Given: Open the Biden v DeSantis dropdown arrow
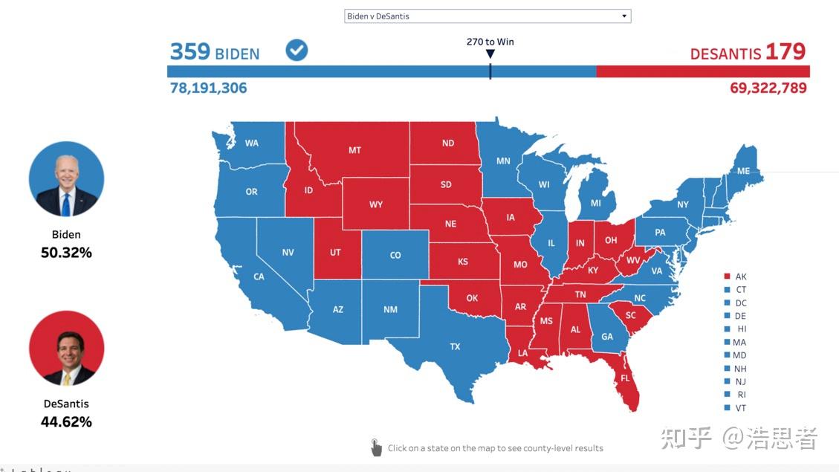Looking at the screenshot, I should coord(624,16).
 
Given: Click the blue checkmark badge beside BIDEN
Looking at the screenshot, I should coord(297,51).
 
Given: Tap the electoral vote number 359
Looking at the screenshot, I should coord(190,51).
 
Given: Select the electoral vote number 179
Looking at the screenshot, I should coord(785,51).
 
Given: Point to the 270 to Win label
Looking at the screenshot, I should coord(490,42).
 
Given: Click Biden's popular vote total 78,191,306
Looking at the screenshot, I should coord(209,88).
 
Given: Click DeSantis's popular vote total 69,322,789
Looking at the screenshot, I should coord(768,88).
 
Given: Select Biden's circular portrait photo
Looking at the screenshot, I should coord(66,179).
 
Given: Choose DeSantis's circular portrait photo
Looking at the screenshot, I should coord(66,349).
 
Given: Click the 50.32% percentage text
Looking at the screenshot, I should coord(66,253).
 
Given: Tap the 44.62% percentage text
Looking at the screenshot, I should coord(66,422).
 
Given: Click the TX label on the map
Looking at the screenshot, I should coord(455,346).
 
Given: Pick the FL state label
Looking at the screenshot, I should coord(625,378).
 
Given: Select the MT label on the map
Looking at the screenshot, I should coord(354,150).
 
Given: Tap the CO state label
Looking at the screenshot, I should coord(395,255).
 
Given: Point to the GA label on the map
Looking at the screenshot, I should coord(607,337).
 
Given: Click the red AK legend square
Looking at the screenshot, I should coord(727,277).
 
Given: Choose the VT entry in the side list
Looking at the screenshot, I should coord(740,408).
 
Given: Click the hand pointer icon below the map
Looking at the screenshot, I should coord(376,447).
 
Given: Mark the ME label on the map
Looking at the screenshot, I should coord(743,171).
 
